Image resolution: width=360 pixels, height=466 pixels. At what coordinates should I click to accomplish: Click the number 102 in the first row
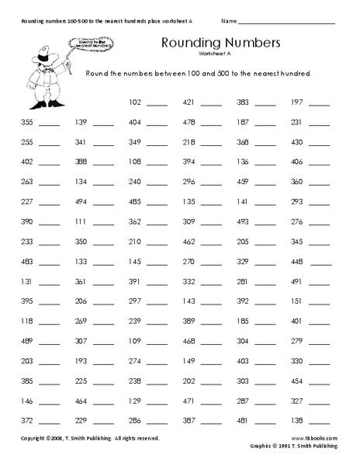coord(134,103)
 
